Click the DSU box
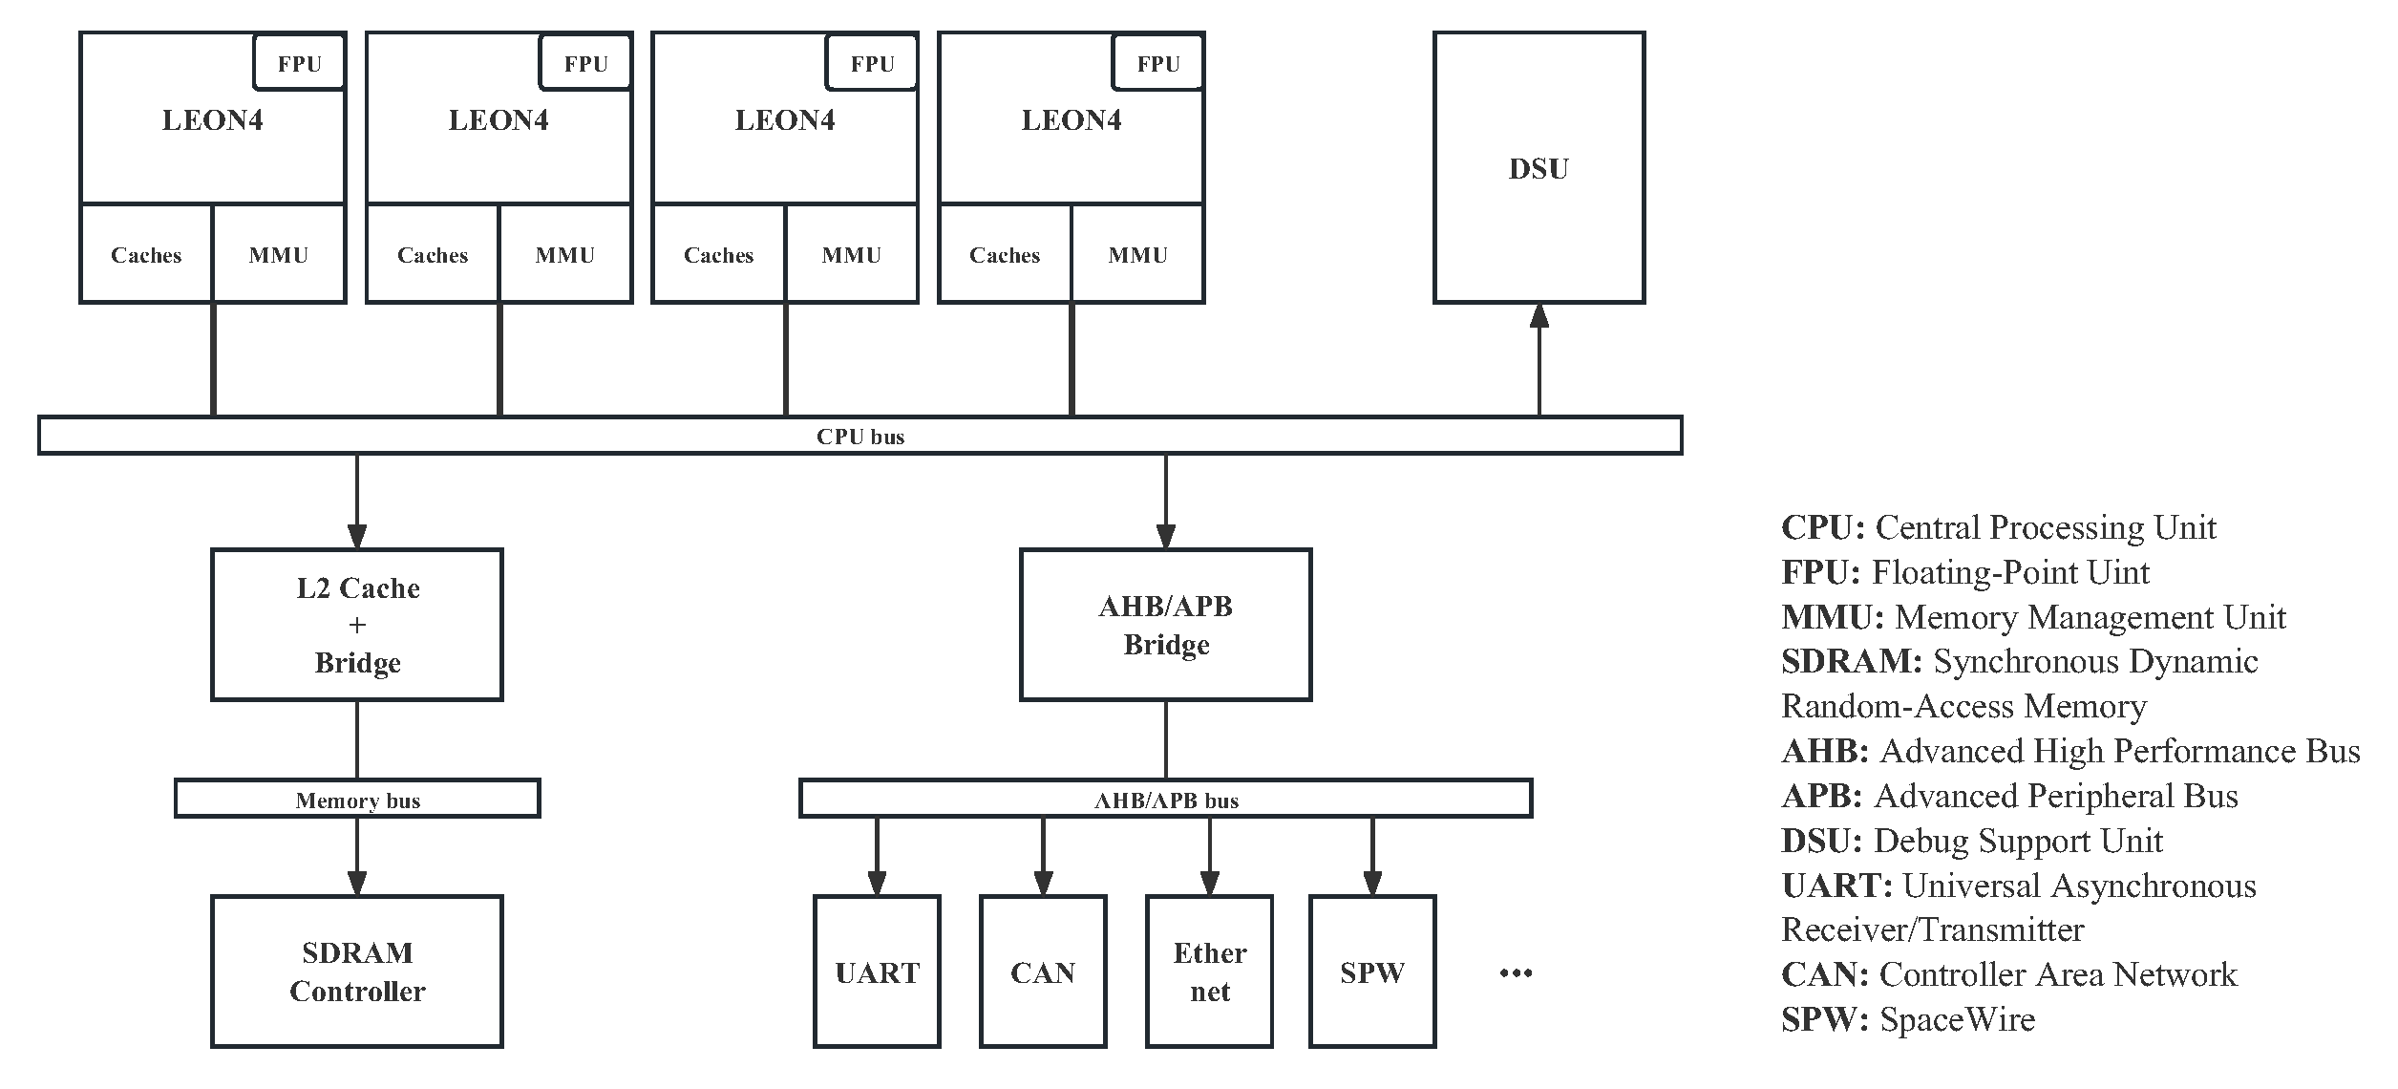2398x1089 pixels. tap(1538, 168)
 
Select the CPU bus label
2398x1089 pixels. tap(859, 437)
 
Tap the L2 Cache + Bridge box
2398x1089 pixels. tap(357, 625)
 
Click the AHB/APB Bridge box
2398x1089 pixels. tap(1165, 625)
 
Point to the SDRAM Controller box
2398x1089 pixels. tap(357, 972)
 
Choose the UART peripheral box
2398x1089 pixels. tap(877, 972)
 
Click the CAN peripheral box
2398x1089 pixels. tap(1043, 972)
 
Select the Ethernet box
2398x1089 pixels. tap(1209, 972)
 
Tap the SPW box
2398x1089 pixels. tap(1372, 972)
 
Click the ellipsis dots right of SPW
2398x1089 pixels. tap(1516, 973)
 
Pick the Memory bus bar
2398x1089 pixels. tap(357, 800)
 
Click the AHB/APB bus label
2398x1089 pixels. tap(1165, 801)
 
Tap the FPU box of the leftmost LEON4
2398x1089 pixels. tap(299, 63)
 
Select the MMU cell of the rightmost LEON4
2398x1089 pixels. tap(1137, 255)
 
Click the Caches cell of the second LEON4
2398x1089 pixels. tap(433, 255)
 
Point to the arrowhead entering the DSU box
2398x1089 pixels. tap(1539, 316)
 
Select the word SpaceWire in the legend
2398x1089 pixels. tap(1957, 1019)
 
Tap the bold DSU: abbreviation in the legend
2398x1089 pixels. tap(1821, 841)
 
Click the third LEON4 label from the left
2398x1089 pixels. tap(784, 120)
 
